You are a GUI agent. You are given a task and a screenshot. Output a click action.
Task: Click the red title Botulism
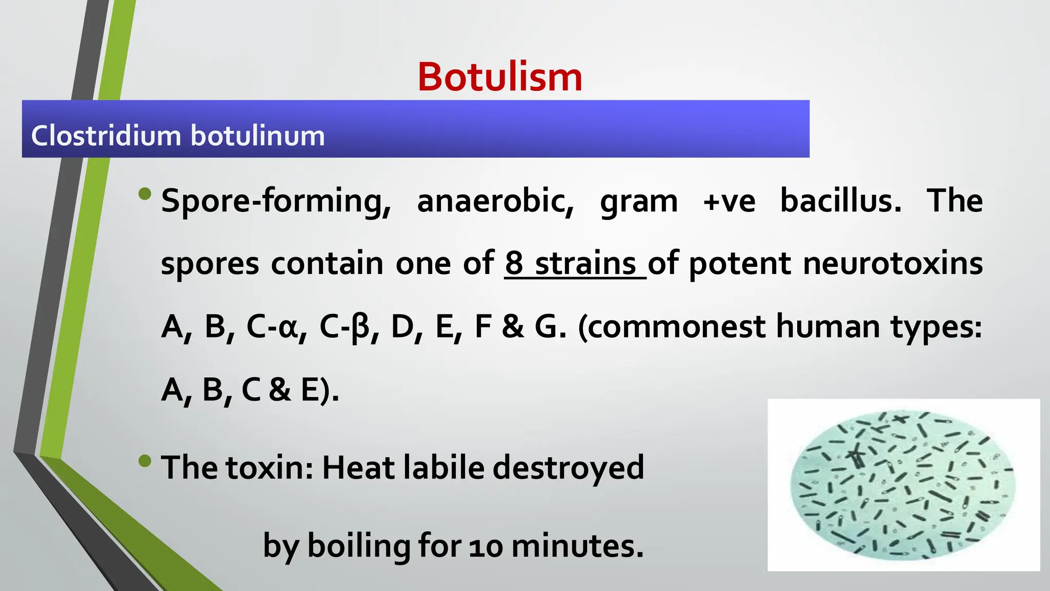[x=500, y=77]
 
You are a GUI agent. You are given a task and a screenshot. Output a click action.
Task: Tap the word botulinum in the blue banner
[x=258, y=136]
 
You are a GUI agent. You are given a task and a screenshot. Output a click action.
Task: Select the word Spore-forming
[x=276, y=201]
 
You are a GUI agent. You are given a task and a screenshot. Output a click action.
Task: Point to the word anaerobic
[x=495, y=201]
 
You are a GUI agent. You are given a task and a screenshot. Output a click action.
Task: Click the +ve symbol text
[x=729, y=201]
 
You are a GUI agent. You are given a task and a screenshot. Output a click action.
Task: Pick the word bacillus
[x=840, y=201]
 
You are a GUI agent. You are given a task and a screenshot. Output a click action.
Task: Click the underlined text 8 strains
[x=575, y=264]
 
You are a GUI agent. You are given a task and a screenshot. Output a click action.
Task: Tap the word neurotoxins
[x=893, y=264]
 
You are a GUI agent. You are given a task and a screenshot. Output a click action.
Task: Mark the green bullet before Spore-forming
[x=145, y=194]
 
